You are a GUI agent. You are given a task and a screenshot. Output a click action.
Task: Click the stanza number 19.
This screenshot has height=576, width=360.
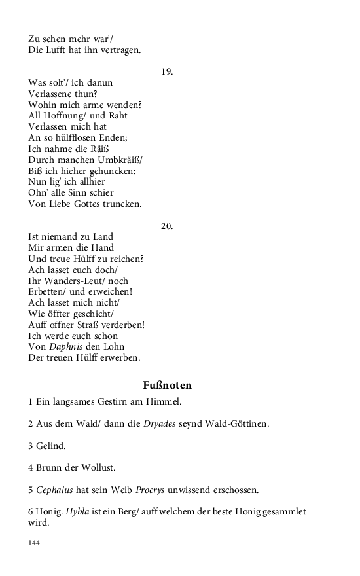point(167,71)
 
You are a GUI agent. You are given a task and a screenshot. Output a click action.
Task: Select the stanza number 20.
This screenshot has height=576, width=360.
point(167,226)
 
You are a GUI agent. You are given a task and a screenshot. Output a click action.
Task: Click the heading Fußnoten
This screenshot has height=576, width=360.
point(167,385)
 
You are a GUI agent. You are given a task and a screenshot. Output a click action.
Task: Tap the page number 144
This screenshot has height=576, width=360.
point(34,543)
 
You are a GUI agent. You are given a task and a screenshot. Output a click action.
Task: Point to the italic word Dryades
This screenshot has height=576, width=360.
point(163,423)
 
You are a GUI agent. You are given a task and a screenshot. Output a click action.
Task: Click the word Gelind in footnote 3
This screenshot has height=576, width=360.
point(51,446)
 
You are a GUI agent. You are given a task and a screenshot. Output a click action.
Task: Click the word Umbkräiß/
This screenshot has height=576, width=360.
point(120,160)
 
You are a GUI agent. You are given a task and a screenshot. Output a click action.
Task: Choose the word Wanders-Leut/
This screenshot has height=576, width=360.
point(72,281)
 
